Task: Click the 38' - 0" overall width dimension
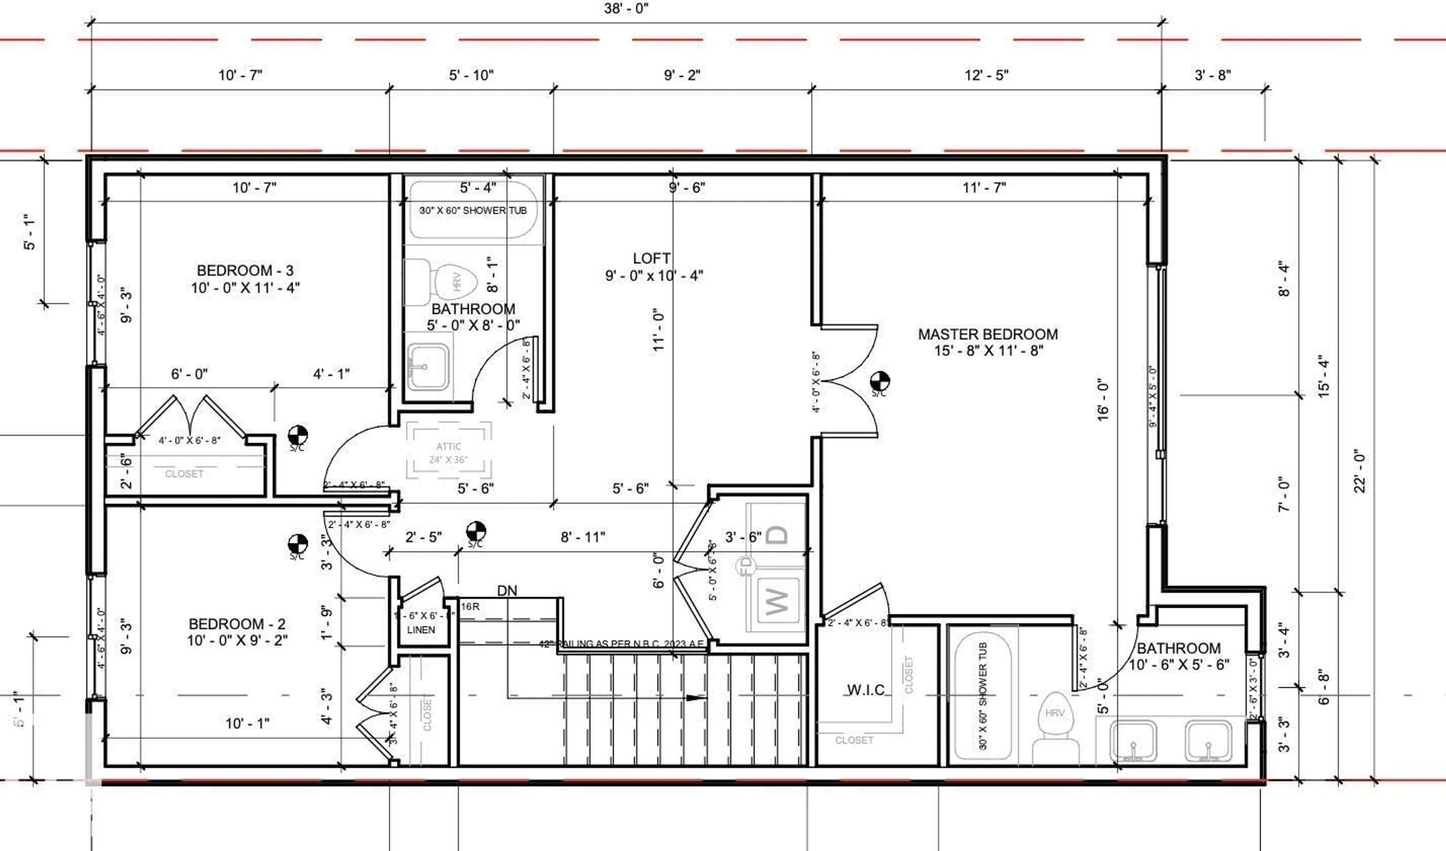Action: tap(626, 9)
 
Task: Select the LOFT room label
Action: tap(651, 259)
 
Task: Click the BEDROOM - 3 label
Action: tap(245, 270)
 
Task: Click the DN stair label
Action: tap(507, 591)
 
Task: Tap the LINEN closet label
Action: tap(421, 630)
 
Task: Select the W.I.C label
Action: tap(866, 690)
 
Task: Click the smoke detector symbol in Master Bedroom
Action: tap(880, 381)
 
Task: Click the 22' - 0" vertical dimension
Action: tap(1360, 471)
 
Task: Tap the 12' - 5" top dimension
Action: tap(986, 75)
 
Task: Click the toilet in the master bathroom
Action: tap(1056, 726)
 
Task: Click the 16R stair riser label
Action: tap(470, 607)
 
